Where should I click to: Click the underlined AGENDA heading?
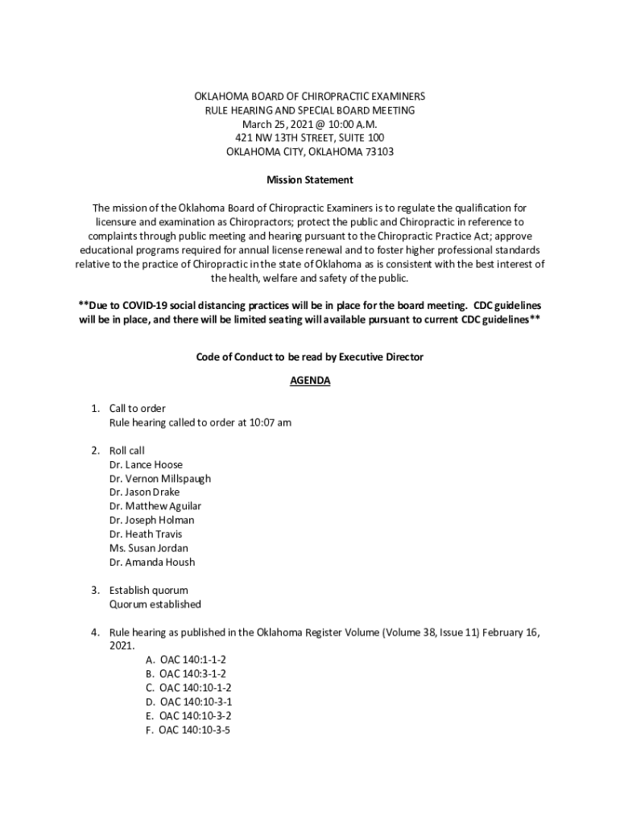[310, 381]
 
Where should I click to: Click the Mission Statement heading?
[310, 179]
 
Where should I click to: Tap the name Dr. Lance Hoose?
[146, 464]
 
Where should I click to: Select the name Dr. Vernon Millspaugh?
[159, 478]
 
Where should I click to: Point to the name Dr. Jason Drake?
[144, 492]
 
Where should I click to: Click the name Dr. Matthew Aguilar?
[155, 506]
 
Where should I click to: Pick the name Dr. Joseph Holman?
[151, 520]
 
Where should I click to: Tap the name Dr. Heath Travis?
[146, 534]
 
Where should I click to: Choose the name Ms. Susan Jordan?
[148, 548]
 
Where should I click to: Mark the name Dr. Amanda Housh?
[151, 562]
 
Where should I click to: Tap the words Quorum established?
[155, 604]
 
